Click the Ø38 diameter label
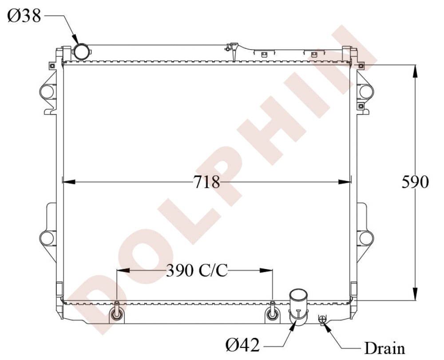(x=24, y=16)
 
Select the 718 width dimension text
(x=206, y=182)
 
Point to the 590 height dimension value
(x=415, y=182)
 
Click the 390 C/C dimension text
(x=197, y=270)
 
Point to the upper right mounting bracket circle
(x=366, y=91)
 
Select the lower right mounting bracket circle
(x=366, y=238)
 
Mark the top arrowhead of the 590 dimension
(x=415, y=71)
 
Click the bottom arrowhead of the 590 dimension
(x=415, y=295)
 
